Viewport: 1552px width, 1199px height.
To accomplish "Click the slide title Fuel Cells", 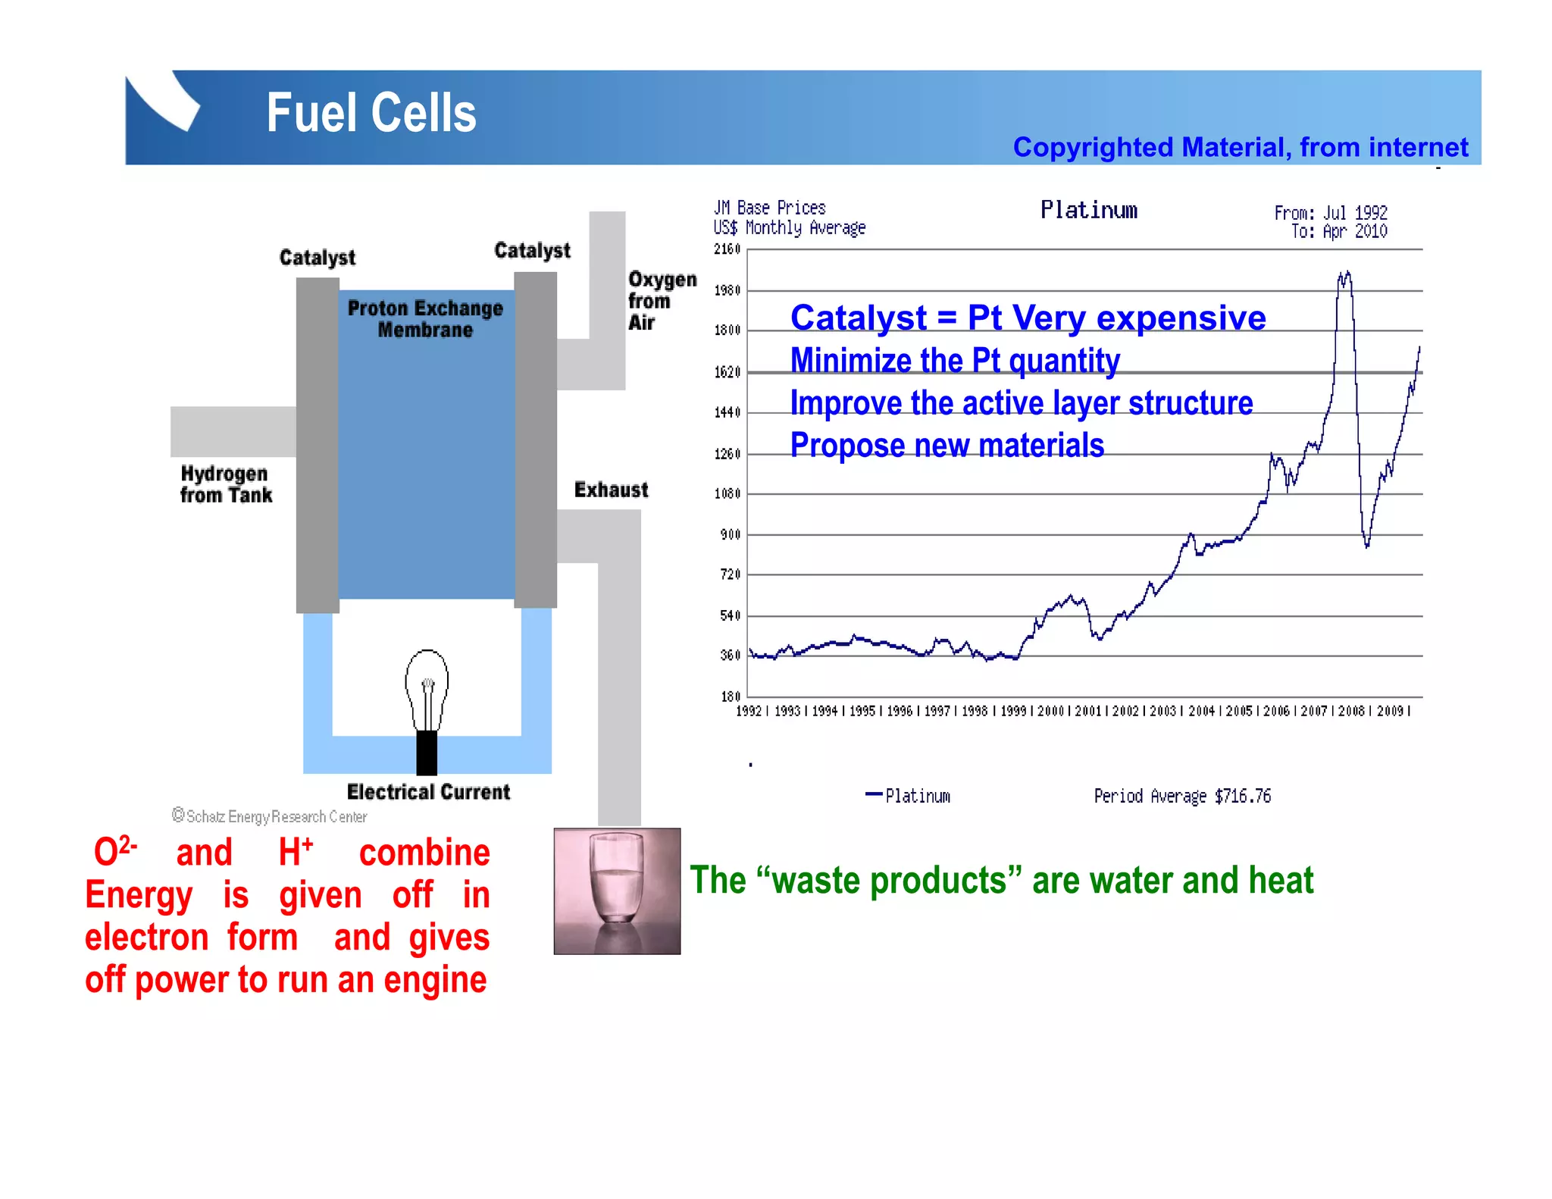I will pyautogui.click(x=371, y=114).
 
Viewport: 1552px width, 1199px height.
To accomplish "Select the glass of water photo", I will pyautogui.click(x=617, y=891).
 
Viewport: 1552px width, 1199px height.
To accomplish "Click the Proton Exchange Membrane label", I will pyautogui.click(x=425, y=319).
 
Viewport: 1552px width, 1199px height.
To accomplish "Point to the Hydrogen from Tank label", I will pyautogui.click(x=225, y=484).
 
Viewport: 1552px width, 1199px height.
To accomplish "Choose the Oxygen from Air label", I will pyautogui.click(x=661, y=301).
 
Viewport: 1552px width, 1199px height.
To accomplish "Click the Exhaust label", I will pyautogui.click(x=611, y=490).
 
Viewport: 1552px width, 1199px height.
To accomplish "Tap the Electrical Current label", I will pyautogui.click(x=428, y=792).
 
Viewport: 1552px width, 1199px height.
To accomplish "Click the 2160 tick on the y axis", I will pyautogui.click(x=727, y=249).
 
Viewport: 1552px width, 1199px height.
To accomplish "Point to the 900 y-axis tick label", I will pyautogui.click(x=730, y=535).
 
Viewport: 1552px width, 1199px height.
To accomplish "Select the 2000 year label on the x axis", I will pyautogui.click(x=1050, y=711).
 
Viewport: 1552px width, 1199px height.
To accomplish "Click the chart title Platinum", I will pyautogui.click(x=1088, y=210).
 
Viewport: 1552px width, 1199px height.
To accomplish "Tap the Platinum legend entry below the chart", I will pyautogui.click(x=909, y=796).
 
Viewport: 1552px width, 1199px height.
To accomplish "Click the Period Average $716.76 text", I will pyautogui.click(x=1181, y=796).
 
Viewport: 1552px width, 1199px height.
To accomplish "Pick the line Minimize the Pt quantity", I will pyautogui.click(x=955, y=361).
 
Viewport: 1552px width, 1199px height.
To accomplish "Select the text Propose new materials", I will pyautogui.click(x=947, y=446).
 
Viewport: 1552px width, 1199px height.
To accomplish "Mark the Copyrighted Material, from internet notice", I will pyautogui.click(x=1240, y=147).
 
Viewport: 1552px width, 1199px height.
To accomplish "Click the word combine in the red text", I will pyautogui.click(x=424, y=853).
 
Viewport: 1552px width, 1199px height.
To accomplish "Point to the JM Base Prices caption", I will pyautogui.click(x=769, y=208).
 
